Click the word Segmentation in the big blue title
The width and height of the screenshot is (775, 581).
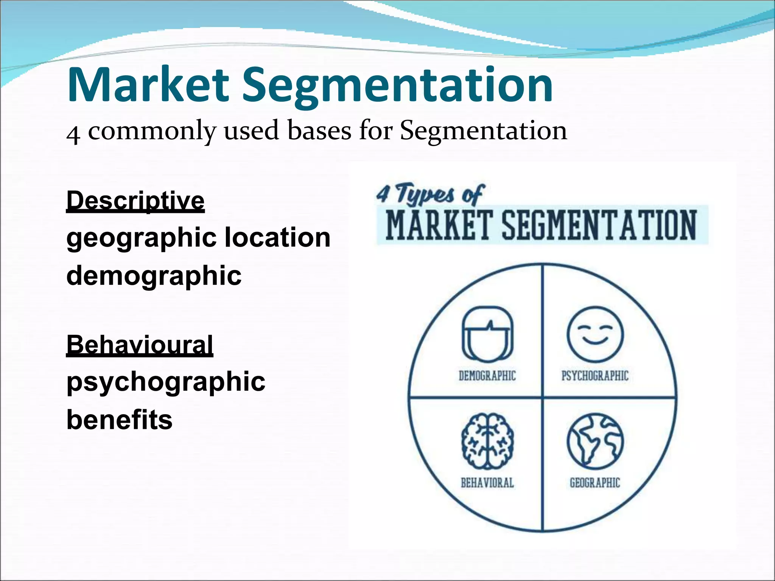click(x=397, y=86)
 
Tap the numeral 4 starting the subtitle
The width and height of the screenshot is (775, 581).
click(x=73, y=134)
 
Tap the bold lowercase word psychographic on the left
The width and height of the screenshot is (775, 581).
click(x=166, y=382)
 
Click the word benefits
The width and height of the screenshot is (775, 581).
click(x=119, y=420)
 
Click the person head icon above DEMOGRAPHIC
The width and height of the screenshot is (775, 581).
click(x=487, y=333)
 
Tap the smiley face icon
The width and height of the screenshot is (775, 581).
click(x=594, y=334)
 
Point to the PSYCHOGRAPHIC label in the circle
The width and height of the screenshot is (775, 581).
click(x=594, y=376)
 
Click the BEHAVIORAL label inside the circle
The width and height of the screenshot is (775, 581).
click(x=487, y=483)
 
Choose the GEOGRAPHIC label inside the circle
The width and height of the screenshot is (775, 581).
click(x=594, y=483)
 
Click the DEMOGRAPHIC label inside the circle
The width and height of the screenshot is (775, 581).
click(x=487, y=376)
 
